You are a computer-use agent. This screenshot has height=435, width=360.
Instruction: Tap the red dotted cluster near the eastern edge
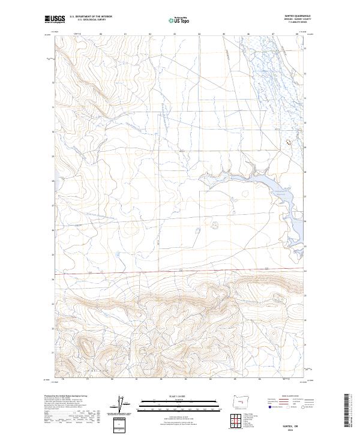pos(291,143)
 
